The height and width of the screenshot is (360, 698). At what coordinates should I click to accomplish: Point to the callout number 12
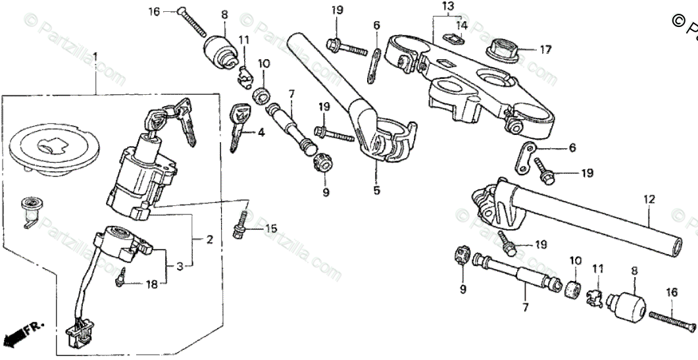[649, 197]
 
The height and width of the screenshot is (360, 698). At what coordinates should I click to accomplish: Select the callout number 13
[448, 7]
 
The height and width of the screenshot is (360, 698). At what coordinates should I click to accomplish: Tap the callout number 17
[546, 49]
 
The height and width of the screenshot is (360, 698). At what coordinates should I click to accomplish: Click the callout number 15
[271, 228]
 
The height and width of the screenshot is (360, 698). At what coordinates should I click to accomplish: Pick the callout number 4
[262, 132]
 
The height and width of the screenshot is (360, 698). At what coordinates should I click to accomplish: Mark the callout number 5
[376, 191]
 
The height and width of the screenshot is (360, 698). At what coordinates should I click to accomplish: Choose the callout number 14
[462, 25]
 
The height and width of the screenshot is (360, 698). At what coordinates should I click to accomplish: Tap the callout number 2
[210, 240]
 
